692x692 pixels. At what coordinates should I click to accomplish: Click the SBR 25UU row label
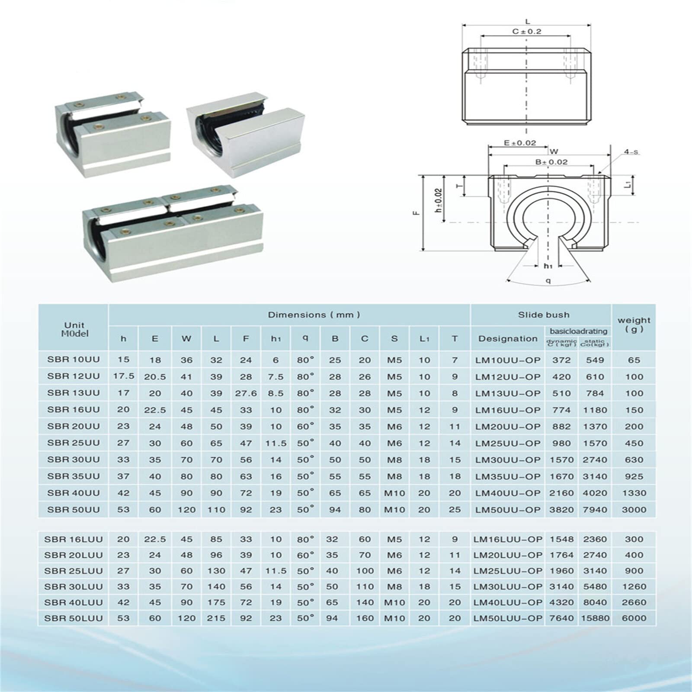73,443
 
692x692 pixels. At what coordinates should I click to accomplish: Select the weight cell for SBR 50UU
634,509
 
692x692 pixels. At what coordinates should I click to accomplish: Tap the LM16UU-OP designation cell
508,410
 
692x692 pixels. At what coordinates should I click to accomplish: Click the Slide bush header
544,315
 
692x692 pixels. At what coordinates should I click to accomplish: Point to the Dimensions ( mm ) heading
314,315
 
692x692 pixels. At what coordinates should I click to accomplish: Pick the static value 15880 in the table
595,618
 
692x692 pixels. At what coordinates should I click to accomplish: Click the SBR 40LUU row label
74,602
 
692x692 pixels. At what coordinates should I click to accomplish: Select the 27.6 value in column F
246,393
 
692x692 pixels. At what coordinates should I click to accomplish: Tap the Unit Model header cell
74,329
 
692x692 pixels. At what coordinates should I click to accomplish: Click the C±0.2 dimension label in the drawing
526,32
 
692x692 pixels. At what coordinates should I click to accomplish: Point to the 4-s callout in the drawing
631,152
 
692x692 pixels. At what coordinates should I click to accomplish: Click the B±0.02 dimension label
551,162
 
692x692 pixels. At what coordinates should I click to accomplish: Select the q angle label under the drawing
548,281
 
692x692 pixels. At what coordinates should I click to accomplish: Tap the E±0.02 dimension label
520,143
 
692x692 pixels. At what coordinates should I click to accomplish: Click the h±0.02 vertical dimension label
439,200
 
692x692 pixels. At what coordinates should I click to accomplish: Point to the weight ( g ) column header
634,324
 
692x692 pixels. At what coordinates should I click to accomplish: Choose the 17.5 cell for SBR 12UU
124,376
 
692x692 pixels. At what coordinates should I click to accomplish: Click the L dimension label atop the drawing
528,21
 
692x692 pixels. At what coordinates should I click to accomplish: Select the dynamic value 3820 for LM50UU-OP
561,509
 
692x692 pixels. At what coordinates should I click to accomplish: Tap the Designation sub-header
508,339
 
